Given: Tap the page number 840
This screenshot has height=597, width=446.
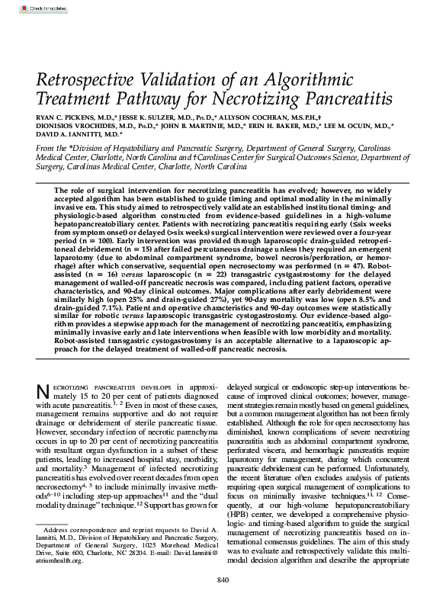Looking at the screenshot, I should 223,582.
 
